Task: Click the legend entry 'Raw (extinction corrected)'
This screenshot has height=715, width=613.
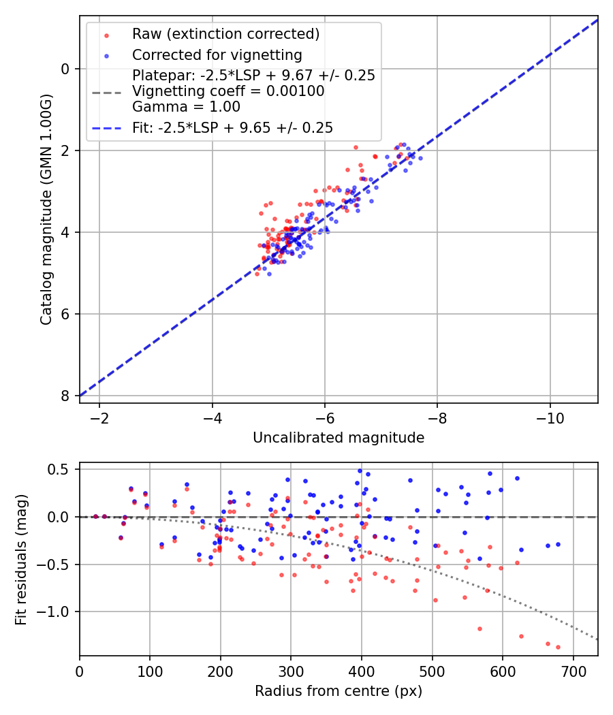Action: (225, 34)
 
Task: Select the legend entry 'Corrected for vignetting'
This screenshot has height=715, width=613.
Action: (217, 54)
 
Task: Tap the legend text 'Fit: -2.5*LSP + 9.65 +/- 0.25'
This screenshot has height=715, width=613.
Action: (232, 127)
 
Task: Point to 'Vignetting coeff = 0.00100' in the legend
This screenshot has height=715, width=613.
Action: (228, 91)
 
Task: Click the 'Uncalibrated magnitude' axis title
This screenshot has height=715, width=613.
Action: (339, 438)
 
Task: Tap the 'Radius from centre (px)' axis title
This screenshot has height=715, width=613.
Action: (339, 691)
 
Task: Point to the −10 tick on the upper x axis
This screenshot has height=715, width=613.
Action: (550, 416)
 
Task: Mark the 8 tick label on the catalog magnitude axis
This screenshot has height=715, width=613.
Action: (65, 396)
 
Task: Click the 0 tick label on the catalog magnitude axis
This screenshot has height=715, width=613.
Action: (65, 69)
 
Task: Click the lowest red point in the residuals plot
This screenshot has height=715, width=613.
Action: (558, 647)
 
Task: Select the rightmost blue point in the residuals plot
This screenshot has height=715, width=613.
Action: (558, 544)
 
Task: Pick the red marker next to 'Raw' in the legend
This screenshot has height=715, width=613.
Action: (106, 34)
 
